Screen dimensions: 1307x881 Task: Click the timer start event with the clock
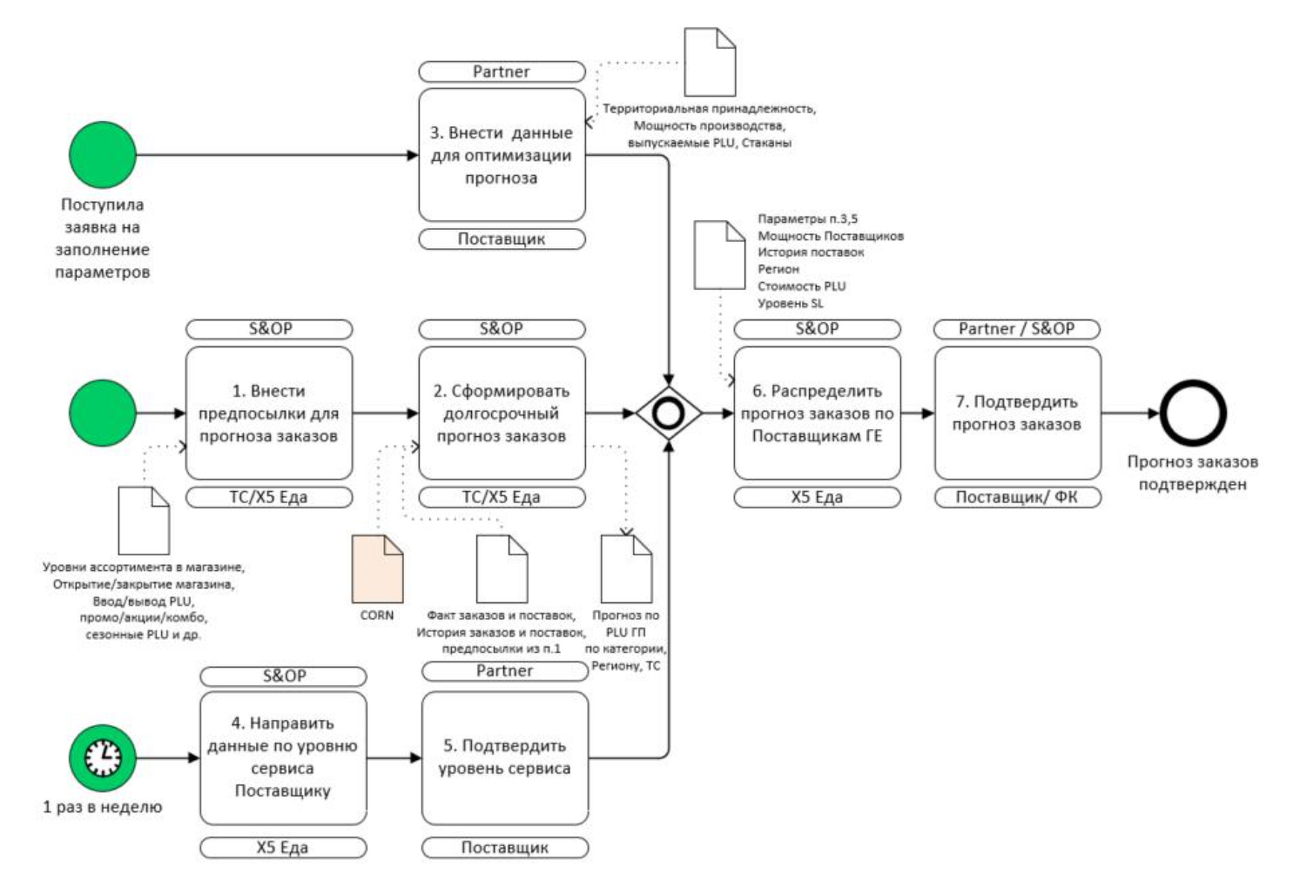[x=103, y=758]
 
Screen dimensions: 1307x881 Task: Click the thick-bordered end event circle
[x=1193, y=414]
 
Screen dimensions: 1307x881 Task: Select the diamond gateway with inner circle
[x=669, y=414]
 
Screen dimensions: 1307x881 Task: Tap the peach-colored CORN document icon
[x=377, y=568]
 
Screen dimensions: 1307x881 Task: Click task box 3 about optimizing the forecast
[x=502, y=155]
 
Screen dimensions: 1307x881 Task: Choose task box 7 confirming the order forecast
[x=1018, y=414]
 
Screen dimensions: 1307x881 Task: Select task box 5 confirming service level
[x=505, y=758]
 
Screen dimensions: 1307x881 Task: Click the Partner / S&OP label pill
[x=1017, y=329]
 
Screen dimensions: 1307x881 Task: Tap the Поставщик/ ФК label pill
[x=1018, y=498]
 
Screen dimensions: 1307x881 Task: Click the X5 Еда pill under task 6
[x=817, y=498]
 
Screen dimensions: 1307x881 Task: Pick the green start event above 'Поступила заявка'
[x=103, y=155]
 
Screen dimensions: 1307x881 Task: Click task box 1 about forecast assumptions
[x=269, y=414]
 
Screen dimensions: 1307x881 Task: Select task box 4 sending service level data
[x=283, y=758]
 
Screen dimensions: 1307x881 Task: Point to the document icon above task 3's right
[x=710, y=62]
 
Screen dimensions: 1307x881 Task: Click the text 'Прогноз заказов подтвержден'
[x=1193, y=473]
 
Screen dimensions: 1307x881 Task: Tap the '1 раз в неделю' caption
[x=103, y=807]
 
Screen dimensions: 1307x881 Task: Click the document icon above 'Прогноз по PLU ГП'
[x=627, y=568]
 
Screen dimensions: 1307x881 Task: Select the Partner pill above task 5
[x=505, y=671]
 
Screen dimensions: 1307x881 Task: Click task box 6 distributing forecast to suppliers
[x=817, y=414]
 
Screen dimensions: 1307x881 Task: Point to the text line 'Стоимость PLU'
[x=802, y=286]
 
